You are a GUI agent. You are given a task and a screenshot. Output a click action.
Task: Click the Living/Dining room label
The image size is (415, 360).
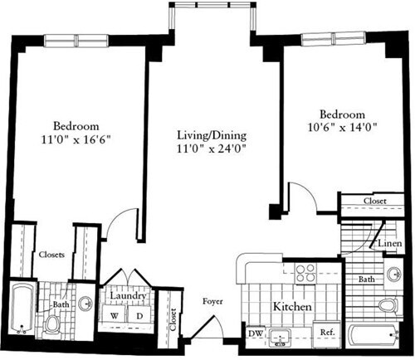pos(211,134)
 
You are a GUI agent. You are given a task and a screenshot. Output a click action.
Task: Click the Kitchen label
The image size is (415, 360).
pos(292,307)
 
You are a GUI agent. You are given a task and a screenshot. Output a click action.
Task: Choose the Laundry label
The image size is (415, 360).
pos(129,296)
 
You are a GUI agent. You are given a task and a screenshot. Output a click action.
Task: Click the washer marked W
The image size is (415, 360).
pos(115,315)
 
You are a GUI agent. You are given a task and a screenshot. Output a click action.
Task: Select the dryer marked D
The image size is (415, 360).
pos(139,315)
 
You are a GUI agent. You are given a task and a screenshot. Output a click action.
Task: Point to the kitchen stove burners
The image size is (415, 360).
pos(305,273)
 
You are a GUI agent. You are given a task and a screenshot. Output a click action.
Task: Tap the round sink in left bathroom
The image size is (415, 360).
pos(86,304)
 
